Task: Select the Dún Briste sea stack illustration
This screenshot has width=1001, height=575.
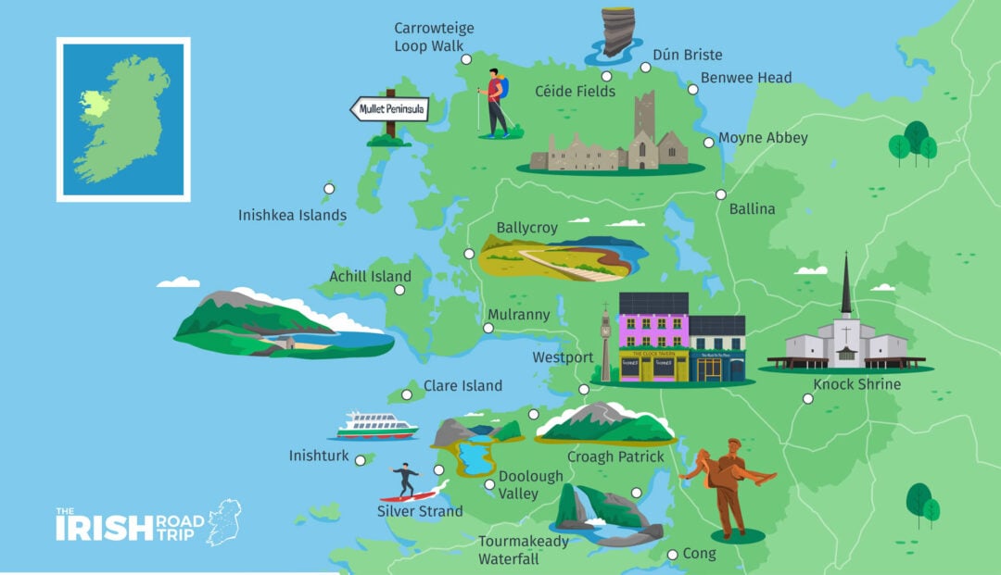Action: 615,33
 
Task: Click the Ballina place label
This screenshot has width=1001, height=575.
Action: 752,209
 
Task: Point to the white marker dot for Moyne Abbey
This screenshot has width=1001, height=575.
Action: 709,143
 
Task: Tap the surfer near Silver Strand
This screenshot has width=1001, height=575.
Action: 405,481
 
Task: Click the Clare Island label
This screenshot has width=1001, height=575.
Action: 462,386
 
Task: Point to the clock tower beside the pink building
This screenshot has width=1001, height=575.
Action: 606,343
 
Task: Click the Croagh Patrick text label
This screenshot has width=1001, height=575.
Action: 615,456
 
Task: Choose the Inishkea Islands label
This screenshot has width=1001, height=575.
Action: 292,216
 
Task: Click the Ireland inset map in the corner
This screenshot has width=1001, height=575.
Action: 123,119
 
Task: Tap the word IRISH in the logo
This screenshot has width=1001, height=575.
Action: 103,529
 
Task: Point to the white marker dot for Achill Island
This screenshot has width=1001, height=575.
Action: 399,290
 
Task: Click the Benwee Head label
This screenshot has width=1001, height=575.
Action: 746,78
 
